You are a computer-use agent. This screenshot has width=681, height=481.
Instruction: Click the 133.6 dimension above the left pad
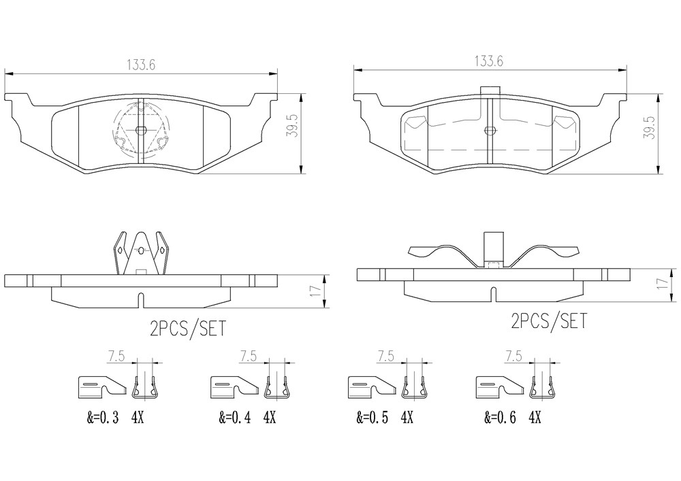point(141,65)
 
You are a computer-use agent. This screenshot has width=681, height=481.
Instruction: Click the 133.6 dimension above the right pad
point(488,61)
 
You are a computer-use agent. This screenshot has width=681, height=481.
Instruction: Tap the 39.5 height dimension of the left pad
point(292,127)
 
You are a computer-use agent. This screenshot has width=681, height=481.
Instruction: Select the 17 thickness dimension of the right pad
point(662,284)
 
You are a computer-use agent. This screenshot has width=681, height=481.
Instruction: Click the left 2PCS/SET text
point(188,329)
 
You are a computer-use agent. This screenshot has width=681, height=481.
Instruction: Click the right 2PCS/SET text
point(548,321)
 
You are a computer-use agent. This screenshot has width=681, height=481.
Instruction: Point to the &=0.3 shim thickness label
point(103,418)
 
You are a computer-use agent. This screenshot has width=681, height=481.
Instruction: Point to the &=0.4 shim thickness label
point(235,418)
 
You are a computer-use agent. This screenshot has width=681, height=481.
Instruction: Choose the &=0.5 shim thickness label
point(373,418)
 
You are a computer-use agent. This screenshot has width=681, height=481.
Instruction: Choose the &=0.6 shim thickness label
point(501,418)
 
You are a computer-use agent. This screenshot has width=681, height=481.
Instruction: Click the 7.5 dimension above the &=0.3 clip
point(116,356)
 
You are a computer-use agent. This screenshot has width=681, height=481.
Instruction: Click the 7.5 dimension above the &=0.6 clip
point(513,356)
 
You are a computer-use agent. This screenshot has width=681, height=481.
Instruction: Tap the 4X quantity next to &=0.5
point(407,418)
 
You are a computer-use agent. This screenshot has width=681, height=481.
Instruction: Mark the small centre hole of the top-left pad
point(141,130)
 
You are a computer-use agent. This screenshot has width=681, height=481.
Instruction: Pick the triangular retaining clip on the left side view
point(141,253)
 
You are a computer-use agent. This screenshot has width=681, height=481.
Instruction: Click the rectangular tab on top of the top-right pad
point(490,90)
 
